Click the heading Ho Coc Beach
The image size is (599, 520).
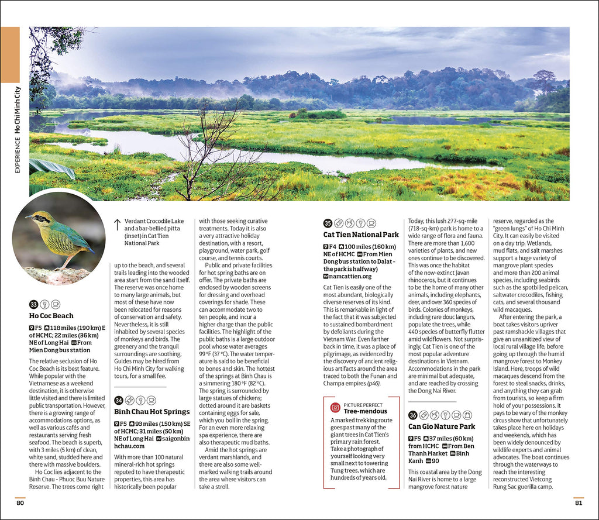click(51, 316)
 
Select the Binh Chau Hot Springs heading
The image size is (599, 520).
click(152, 412)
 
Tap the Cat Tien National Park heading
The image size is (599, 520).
click(361, 235)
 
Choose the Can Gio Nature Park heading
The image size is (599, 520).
click(442, 426)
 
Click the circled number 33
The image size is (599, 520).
click(33, 304)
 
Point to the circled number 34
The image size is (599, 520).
click(118, 400)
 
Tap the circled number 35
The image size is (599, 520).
click(328, 223)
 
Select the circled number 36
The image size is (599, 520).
click(412, 415)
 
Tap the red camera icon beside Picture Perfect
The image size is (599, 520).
click(335, 407)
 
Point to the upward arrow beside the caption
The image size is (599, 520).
click(117, 224)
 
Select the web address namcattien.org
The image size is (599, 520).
click(350, 276)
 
